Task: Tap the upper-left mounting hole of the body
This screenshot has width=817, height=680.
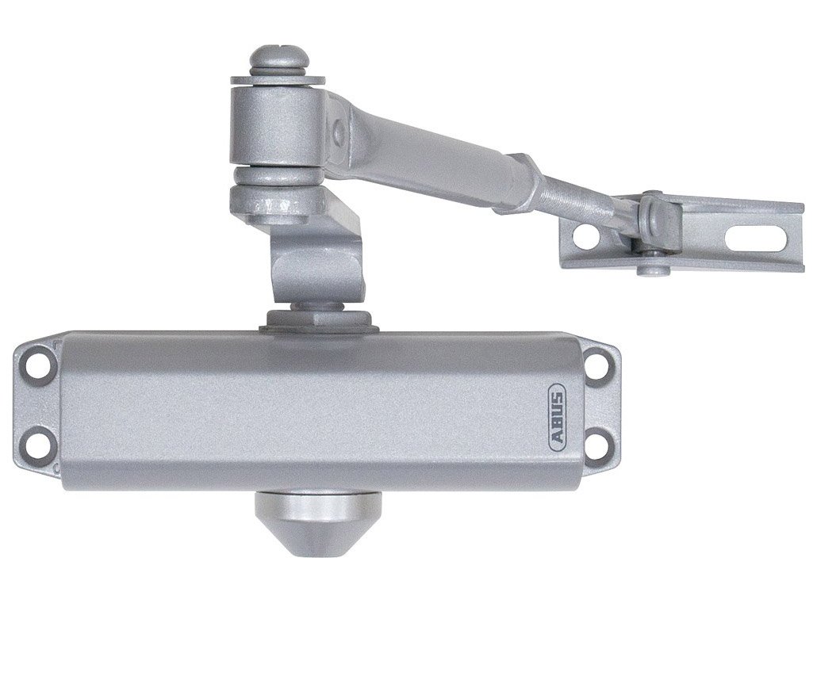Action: [36, 363]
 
